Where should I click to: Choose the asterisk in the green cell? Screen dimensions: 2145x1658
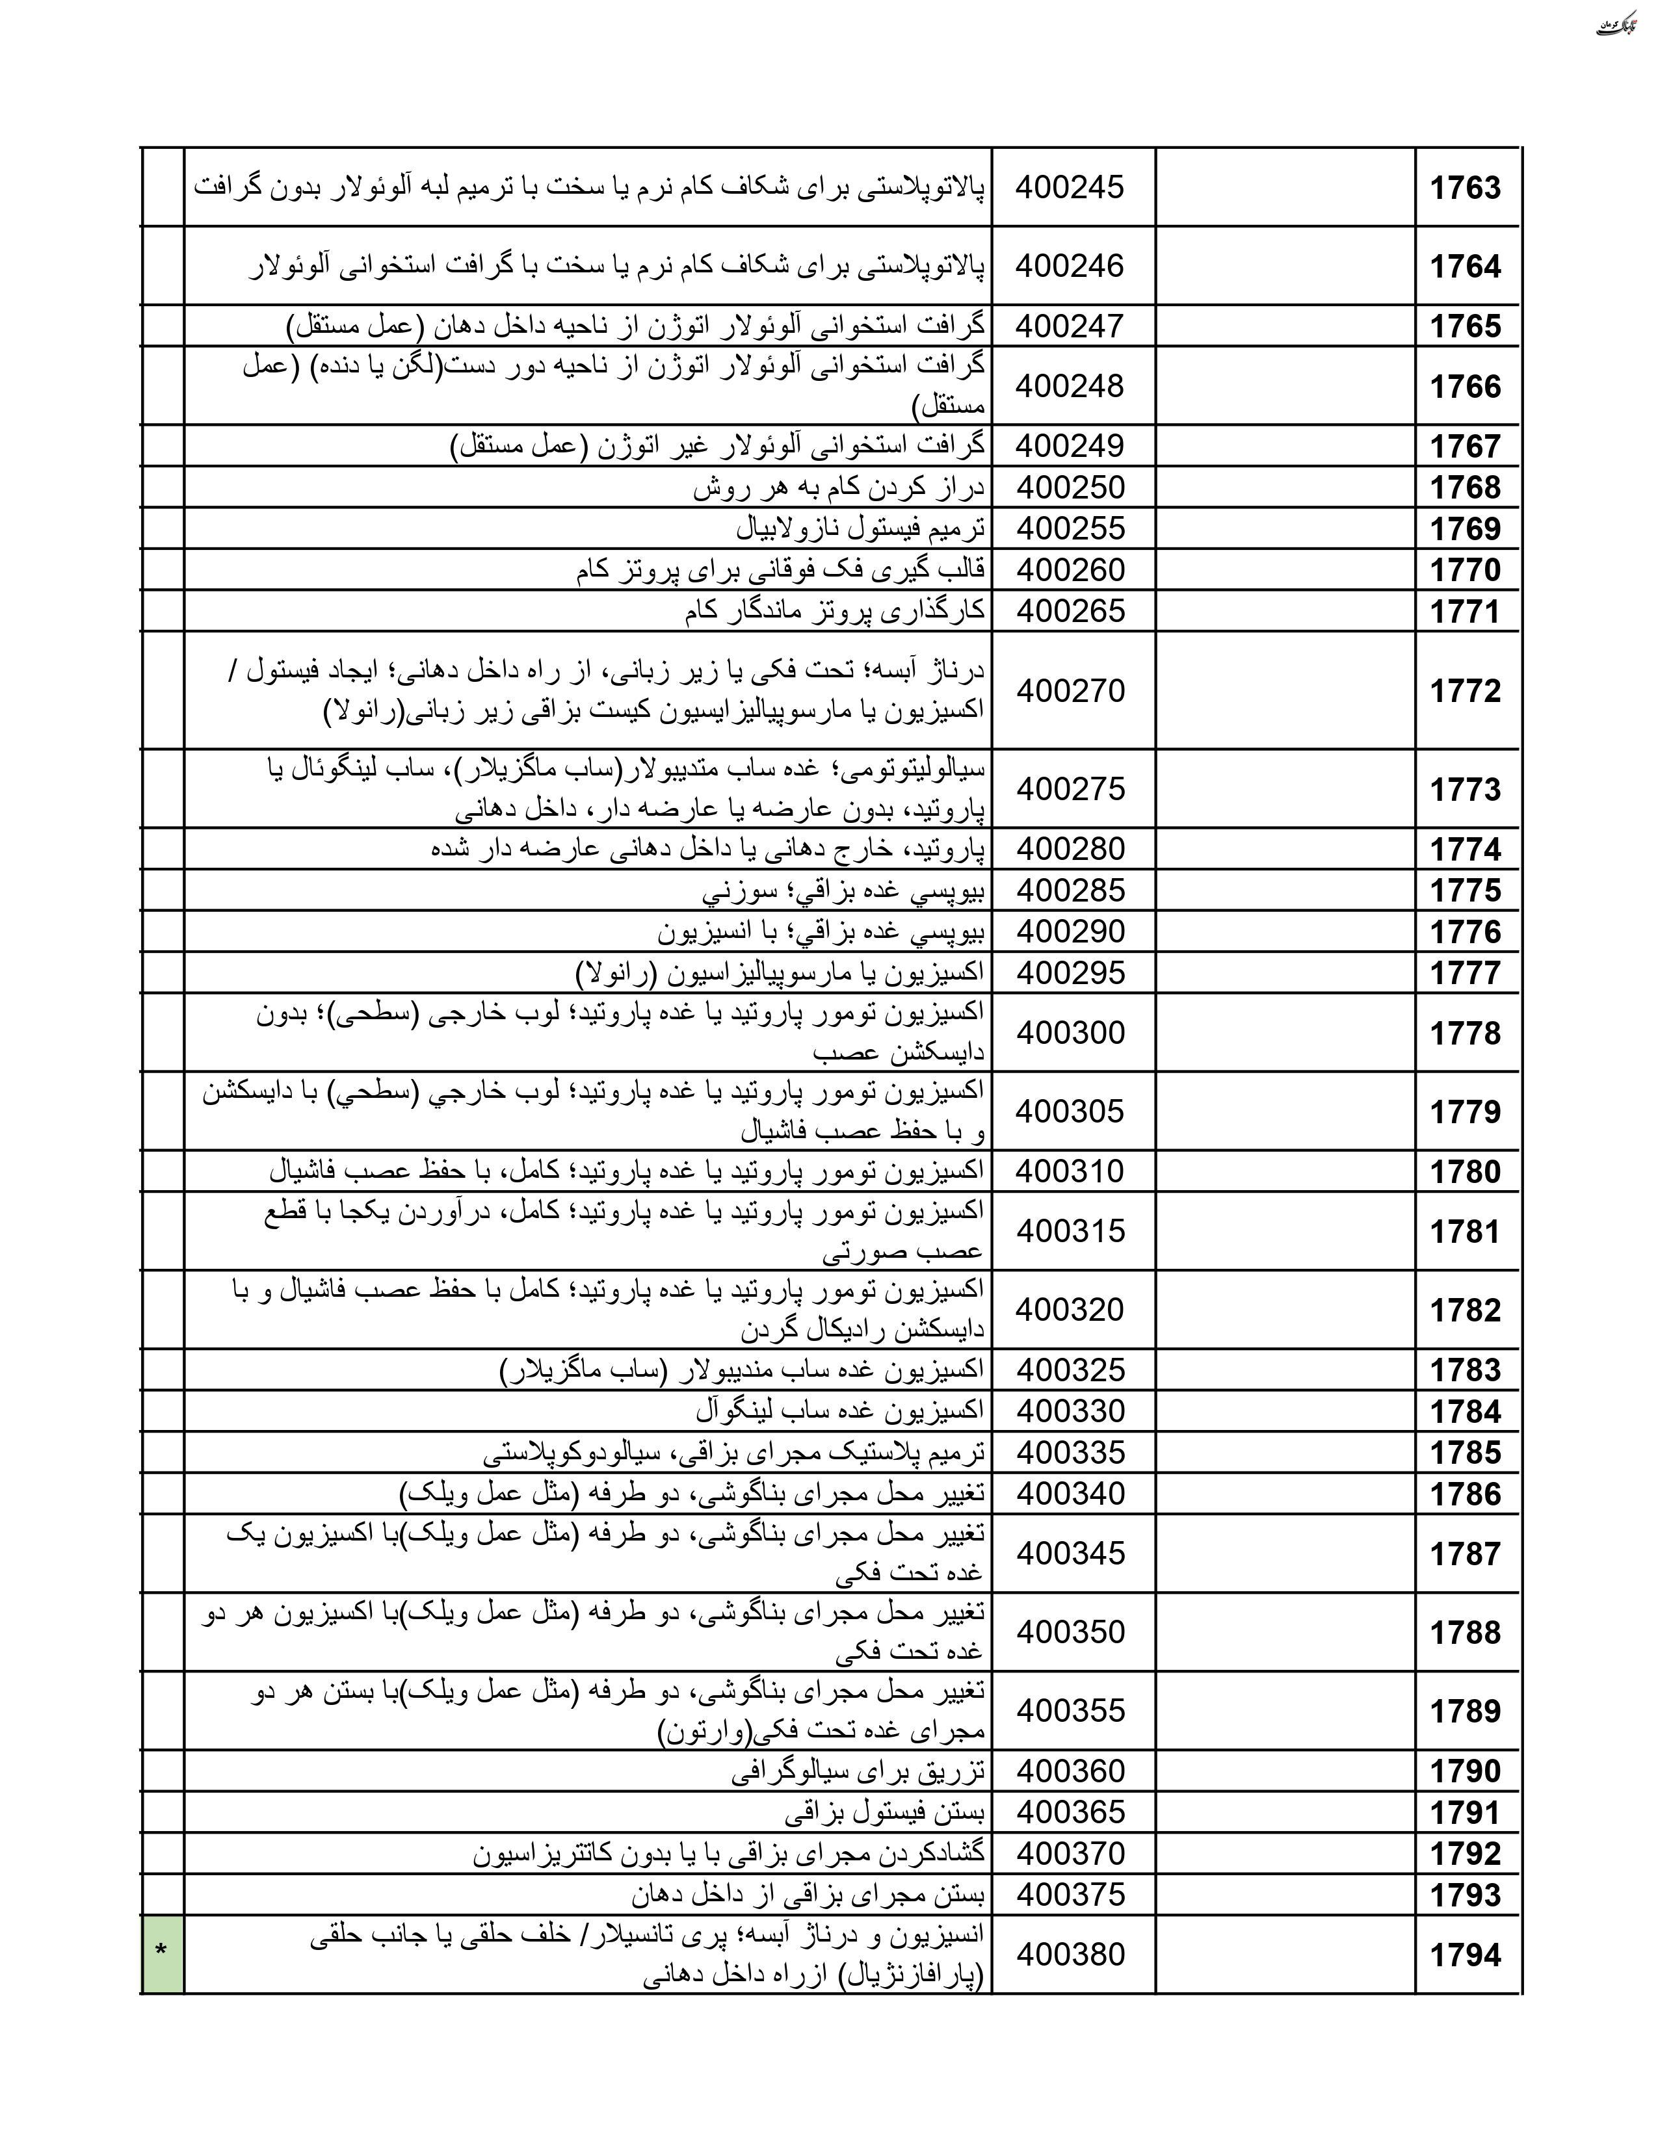(161, 1953)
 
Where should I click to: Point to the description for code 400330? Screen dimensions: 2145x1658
(840, 1410)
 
